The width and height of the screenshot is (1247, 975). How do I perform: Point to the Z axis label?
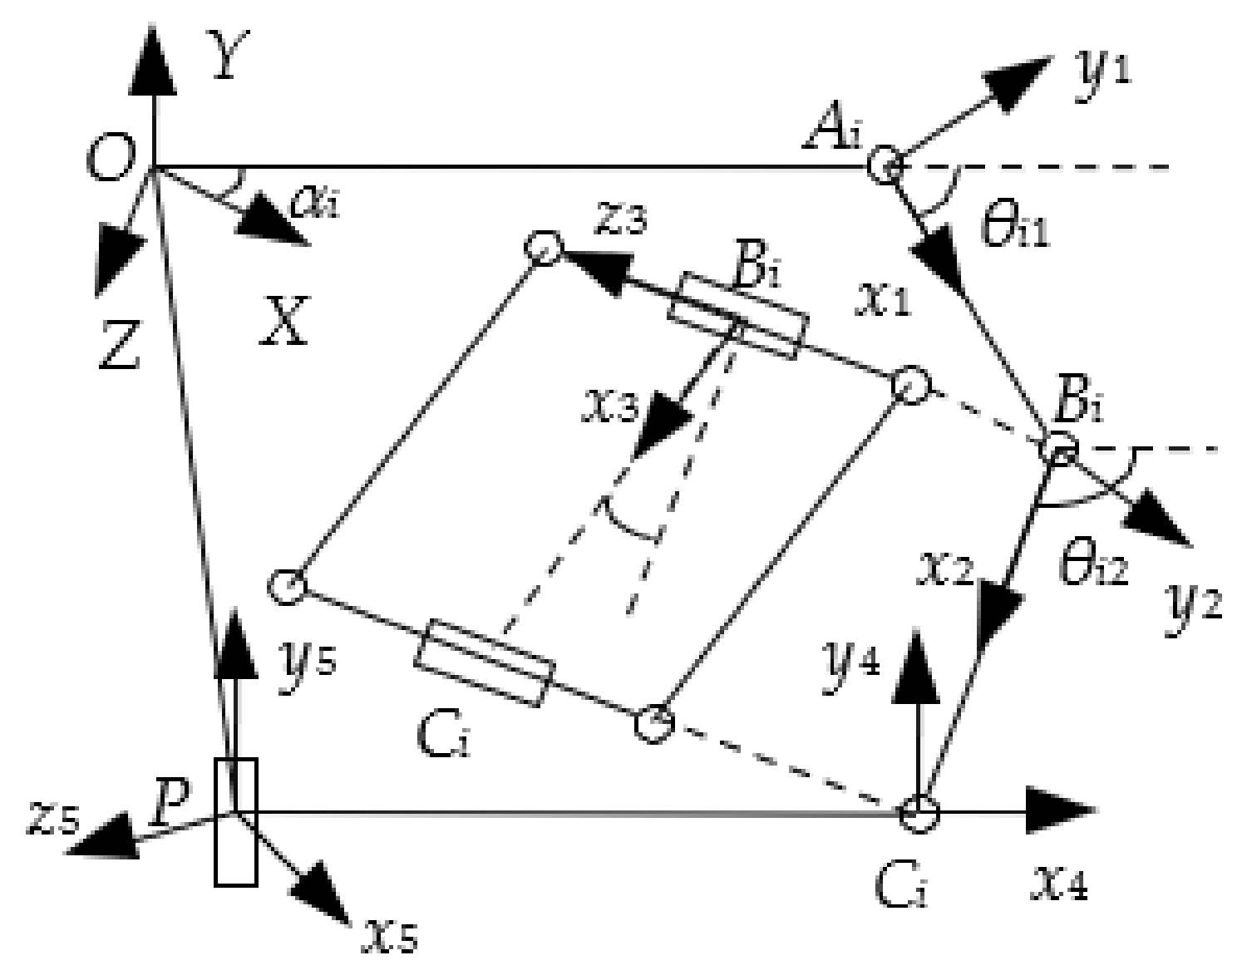tap(120, 346)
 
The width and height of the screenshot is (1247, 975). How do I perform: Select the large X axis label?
tap(284, 321)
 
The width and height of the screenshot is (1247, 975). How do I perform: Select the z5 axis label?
tap(53, 819)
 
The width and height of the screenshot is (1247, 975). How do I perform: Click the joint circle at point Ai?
tap(885, 164)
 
